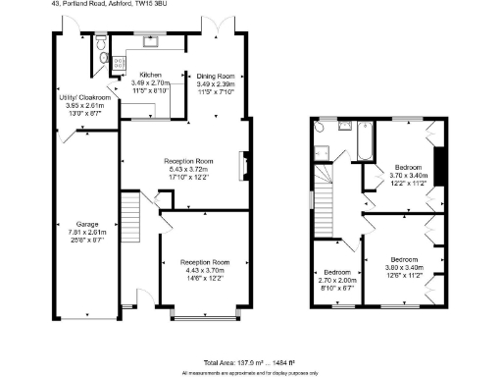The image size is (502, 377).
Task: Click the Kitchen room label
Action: coord(150,75)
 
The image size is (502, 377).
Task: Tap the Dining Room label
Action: coord(217,76)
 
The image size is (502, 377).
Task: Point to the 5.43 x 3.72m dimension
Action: coord(189,169)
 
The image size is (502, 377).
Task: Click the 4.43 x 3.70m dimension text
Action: coord(207,270)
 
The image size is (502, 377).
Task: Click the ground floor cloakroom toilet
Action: coord(104,58)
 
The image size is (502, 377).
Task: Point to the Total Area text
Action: coord(251,362)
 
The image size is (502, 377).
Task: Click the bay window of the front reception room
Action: coord(206,317)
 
